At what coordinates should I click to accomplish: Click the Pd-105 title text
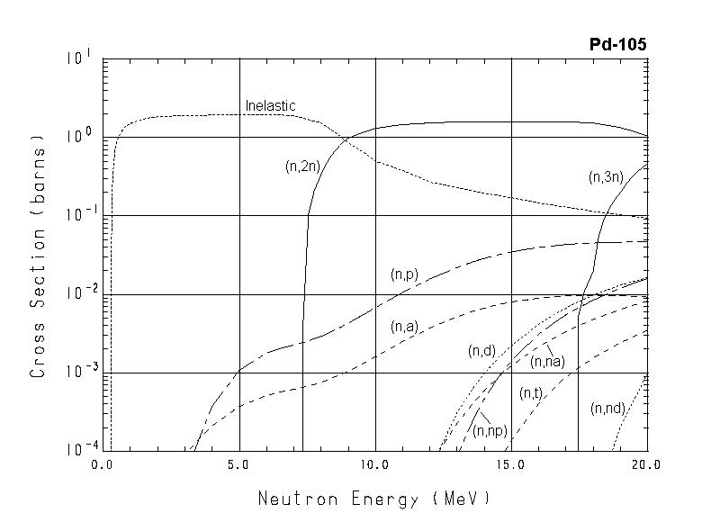point(617,44)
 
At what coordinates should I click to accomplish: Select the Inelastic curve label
point(270,106)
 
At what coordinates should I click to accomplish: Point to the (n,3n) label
point(606,177)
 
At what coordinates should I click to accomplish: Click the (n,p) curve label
point(404,274)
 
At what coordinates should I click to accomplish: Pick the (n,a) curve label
point(404,328)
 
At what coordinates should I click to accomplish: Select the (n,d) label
point(482,351)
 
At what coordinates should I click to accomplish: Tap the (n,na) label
point(547,362)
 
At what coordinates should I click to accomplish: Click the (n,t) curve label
point(530,392)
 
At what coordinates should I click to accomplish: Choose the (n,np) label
point(490,431)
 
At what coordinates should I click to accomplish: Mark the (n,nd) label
point(608,408)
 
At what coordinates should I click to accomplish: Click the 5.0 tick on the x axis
point(239,465)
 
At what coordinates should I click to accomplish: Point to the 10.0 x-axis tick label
point(375,465)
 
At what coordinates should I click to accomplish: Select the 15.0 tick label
point(511,465)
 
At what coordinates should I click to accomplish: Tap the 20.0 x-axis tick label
point(646,465)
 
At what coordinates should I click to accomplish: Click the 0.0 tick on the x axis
point(103,465)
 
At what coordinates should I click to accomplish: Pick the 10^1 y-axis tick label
point(77,58)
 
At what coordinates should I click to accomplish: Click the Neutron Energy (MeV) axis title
point(374,498)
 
